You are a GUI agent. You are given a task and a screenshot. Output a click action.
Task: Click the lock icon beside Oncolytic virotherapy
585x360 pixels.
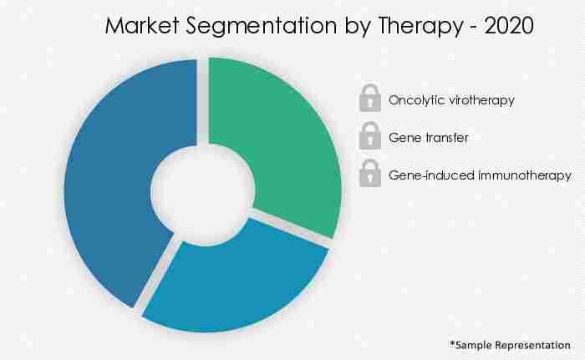[x=369, y=99]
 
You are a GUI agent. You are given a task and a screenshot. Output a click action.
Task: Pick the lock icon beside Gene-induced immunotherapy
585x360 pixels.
[x=369, y=175]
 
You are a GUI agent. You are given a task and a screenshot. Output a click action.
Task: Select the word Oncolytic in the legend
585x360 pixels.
[x=414, y=100]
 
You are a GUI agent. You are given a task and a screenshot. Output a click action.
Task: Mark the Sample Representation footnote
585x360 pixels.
[x=510, y=344]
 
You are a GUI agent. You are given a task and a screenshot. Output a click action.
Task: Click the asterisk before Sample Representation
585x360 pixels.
[x=452, y=342]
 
